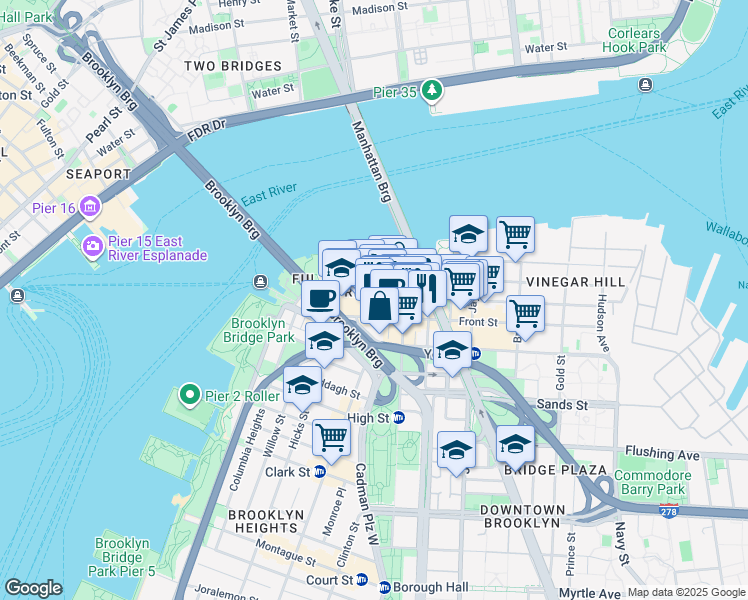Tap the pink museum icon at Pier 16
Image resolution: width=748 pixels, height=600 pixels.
(x=91, y=208)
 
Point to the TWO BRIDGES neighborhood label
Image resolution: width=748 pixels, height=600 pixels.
(x=232, y=66)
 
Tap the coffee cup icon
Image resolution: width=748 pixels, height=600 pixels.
(x=321, y=297)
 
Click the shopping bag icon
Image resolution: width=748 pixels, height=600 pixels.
(x=380, y=305)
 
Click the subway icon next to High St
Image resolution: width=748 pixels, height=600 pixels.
(x=399, y=418)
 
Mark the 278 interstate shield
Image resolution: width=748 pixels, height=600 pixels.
(x=667, y=511)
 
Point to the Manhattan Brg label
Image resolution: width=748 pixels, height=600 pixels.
(x=371, y=159)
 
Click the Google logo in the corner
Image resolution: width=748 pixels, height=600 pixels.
(x=33, y=588)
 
